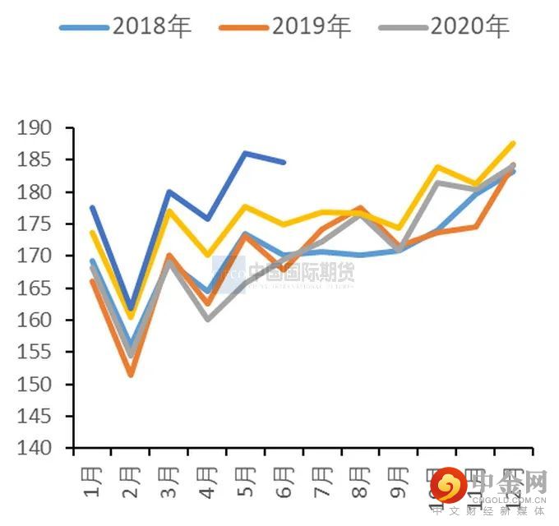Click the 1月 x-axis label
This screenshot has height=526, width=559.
(x=92, y=483)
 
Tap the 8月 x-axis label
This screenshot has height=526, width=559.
(x=360, y=483)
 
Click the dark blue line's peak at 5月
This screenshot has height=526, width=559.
(x=245, y=153)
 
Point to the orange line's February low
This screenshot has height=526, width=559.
(x=130, y=375)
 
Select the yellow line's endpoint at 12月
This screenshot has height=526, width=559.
(x=514, y=143)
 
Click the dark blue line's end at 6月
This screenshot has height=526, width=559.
(x=284, y=162)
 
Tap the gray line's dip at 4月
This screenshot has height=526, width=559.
(x=206, y=319)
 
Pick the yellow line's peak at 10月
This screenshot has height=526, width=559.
(x=437, y=167)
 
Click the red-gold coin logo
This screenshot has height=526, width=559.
(x=449, y=486)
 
